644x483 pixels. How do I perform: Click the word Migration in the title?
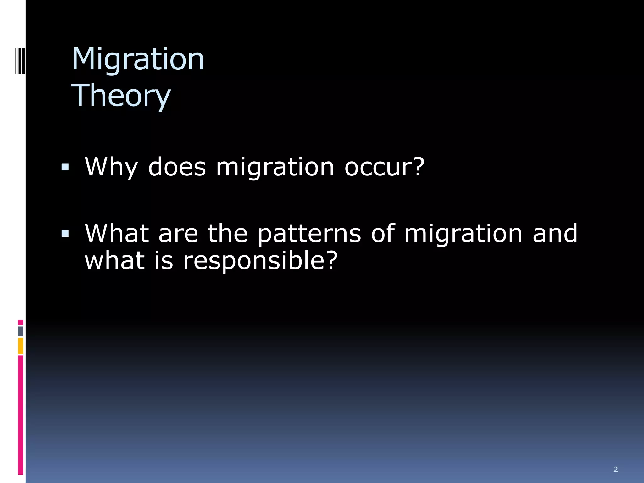138,60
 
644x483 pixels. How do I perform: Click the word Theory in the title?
121,96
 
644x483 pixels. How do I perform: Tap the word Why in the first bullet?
111,167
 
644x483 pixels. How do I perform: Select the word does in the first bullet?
177,167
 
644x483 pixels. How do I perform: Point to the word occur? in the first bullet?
384,167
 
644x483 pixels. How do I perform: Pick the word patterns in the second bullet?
309,234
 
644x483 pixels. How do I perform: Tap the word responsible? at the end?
260,261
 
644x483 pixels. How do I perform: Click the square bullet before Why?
65,167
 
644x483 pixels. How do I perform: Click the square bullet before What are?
65,233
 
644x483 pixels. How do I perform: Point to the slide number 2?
615,469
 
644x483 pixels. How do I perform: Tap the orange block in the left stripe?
20,346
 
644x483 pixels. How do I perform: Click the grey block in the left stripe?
20,331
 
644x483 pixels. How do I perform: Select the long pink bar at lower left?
20,415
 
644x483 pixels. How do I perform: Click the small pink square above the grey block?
20,323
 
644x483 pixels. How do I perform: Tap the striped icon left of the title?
20,60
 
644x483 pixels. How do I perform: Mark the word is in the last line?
164,261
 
